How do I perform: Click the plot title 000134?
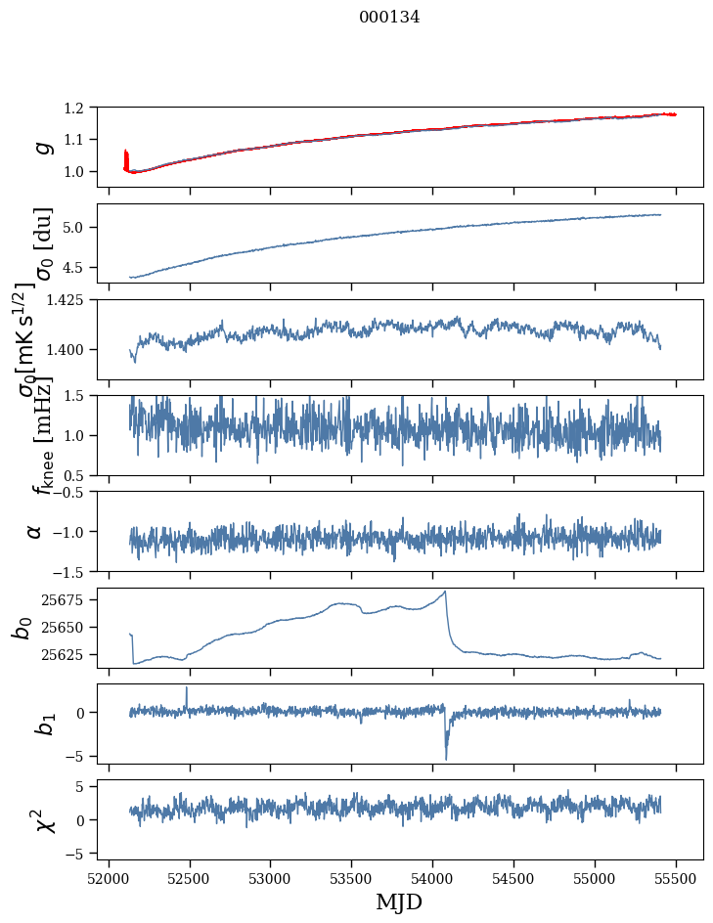tap(389, 17)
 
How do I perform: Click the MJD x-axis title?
tap(399, 901)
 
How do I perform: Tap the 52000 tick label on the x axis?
tap(109, 878)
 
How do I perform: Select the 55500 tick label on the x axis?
tap(677, 878)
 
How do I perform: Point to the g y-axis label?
tap(41, 147)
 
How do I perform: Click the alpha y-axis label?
tap(35, 531)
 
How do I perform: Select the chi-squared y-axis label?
tap(41, 819)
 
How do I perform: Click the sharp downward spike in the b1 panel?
tap(446, 759)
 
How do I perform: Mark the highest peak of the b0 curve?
tap(445, 592)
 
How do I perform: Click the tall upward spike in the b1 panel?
tap(187, 687)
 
